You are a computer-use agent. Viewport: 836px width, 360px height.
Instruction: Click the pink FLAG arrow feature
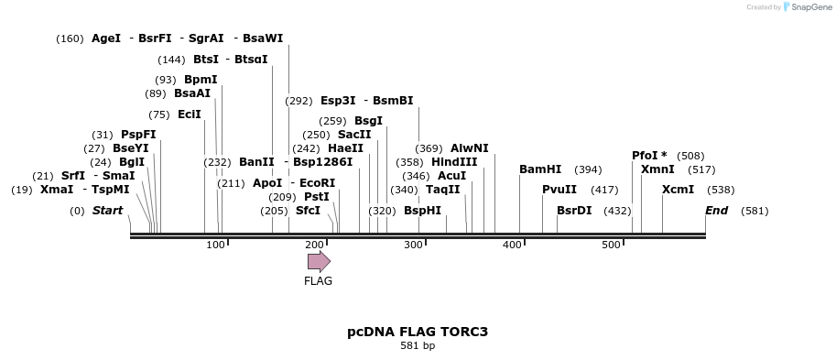point(319,261)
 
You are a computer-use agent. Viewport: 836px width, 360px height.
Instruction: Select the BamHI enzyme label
point(540,169)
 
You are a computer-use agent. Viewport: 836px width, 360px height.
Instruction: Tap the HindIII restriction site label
point(454,161)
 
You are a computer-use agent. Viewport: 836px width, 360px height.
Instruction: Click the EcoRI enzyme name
point(317,183)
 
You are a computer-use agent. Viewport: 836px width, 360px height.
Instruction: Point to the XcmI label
point(678,190)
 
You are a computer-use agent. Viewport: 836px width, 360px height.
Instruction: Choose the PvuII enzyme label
point(559,190)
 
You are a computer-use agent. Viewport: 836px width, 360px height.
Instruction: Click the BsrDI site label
point(574,210)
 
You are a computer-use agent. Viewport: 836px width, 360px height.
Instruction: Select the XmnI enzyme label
point(657,169)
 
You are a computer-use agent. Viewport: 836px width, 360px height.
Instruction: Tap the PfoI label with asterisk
point(649,156)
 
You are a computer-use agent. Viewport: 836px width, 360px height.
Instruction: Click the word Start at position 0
point(107,211)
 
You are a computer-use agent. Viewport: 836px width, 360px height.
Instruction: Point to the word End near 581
point(716,211)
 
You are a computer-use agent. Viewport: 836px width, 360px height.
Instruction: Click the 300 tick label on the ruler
point(412,245)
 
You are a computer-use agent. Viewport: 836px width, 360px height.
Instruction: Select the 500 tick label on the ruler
point(610,245)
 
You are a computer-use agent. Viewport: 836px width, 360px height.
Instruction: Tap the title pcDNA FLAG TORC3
point(417,331)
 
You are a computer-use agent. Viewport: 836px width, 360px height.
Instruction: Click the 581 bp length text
point(417,346)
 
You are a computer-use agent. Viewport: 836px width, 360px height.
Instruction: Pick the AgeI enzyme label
point(106,38)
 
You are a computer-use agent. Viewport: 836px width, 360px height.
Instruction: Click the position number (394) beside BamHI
point(588,169)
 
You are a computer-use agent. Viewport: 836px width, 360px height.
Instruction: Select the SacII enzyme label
point(354,135)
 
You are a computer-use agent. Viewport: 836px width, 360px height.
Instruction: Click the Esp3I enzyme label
point(338,101)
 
